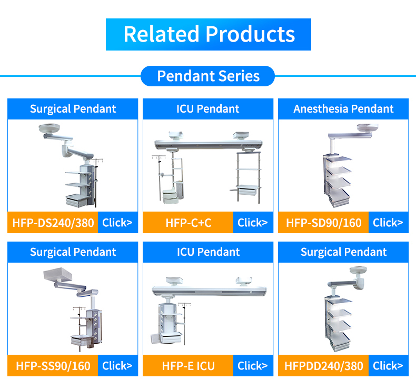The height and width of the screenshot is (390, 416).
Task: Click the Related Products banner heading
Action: click(x=209, y=34)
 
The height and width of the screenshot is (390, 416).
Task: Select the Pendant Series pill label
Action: click(x=208, y=76)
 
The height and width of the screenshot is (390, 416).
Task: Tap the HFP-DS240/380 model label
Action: click(x=53, y=223)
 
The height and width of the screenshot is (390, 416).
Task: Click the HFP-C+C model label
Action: click(x=188, y=223)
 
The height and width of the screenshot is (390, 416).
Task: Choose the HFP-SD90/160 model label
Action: click(x=323, y=223)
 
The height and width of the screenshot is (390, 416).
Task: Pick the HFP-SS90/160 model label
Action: click(x=53, y=366)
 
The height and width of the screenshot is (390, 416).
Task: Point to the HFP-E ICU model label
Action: click(x=188, y=366)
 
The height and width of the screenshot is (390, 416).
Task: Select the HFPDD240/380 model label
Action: click(x=323, y=366)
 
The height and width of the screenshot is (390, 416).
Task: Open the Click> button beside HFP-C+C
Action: click(x=253, y=223)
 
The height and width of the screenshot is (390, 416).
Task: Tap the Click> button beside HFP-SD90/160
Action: click(x=388, y=223)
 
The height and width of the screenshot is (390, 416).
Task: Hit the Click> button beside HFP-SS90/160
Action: click(x=117, y=366)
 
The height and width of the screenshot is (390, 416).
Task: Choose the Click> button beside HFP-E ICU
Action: click(x=253, y=366)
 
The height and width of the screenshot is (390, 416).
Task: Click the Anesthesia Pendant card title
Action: click(x=343, y=109)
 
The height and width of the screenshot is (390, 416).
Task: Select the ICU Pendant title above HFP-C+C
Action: click(x=208, y=109)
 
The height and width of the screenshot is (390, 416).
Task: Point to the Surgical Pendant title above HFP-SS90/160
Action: click(x=73, y=252)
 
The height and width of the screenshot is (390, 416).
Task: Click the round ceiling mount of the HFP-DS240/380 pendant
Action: click(x=48, y=129)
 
